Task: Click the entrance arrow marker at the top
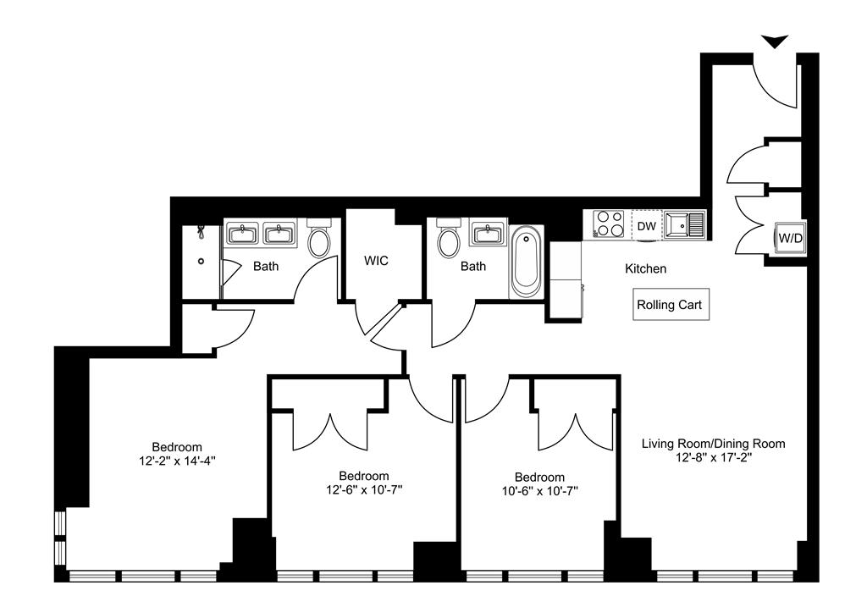[774, 41]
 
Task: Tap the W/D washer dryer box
[790, 238]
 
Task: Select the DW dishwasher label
[646, 226]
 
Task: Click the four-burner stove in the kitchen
[608, 224]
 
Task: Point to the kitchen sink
[684, 225]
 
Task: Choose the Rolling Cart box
[671, 305]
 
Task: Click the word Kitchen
[645, 268]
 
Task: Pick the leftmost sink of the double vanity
[241, 233]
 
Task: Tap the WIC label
[376, 260]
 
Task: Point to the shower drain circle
[202, 261]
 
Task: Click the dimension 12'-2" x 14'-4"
[177, 461]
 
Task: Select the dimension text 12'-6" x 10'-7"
[364, 489]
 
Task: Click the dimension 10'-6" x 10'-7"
[539, 491]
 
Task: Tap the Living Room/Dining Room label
[713, 444]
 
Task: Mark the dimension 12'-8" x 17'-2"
[713, 458]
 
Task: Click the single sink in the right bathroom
[487, 234]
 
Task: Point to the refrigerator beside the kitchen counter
[566, 280]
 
